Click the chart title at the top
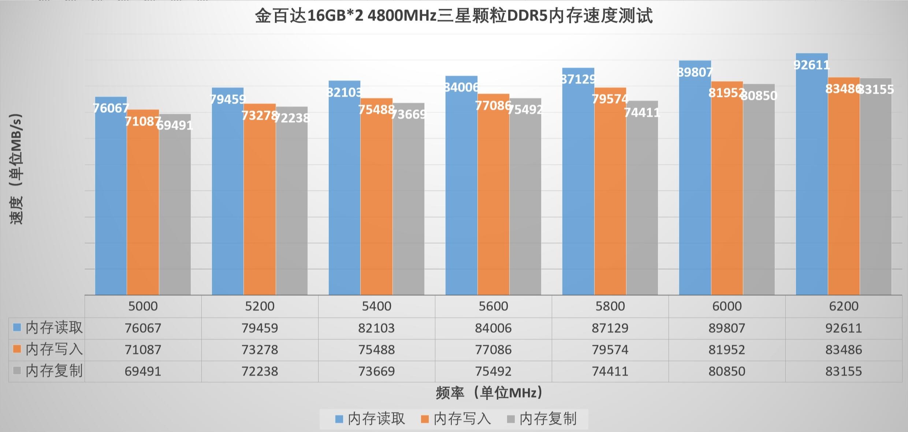pyautogui.click(x=454, y=16)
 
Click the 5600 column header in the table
pyautogui.click(x=493, y=306)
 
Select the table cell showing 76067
pyautogui.click(x=143, y=328)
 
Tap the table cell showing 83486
pyautogui.click(x=844, y=350)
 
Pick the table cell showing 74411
pyautogui.click(x=610, y=371)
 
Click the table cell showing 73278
pyautogui.click(x=260, y=350)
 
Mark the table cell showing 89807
pyautogui.click(x=727, y=328)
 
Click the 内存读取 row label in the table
pyautogui.click(x=54, y=328)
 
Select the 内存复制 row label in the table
pyautogui.click(x=54, y=371)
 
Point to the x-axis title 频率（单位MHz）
pyautogui.click(x=489, y=393)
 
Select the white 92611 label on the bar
pyautogui.click(x=811, y=65)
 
